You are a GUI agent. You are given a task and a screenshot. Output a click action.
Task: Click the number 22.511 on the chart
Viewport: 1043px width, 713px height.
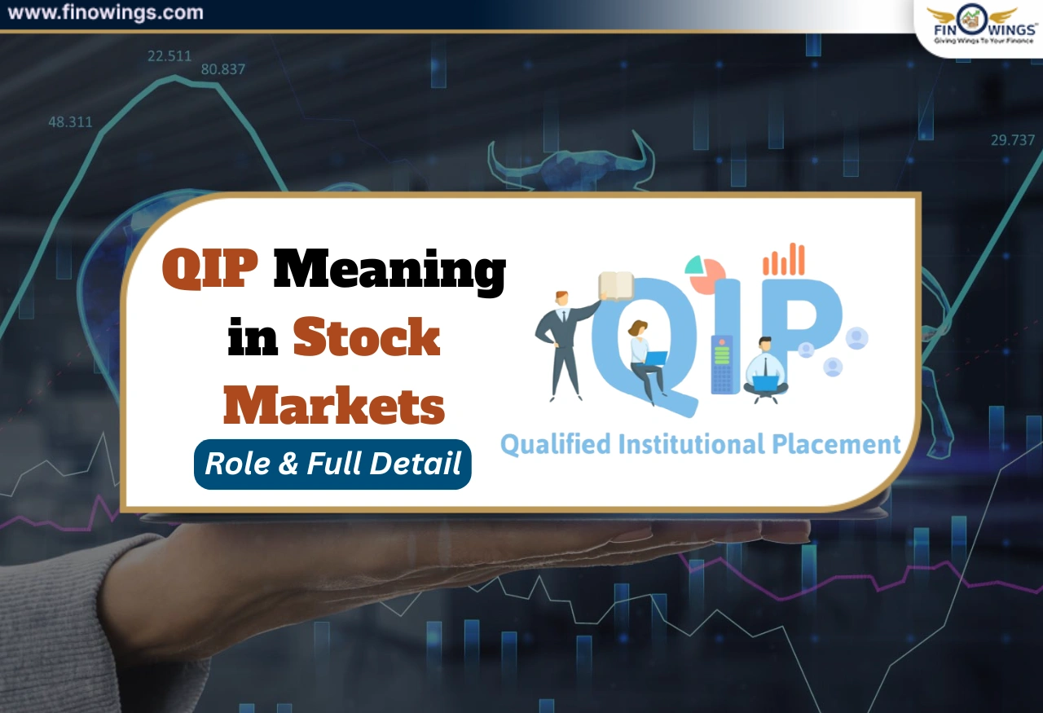click(x=169, y=56)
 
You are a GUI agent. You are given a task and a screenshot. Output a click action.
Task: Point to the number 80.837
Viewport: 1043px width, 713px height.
click(x=223, y=69)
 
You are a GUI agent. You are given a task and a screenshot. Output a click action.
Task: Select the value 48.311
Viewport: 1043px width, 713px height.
click(x=70, y=122)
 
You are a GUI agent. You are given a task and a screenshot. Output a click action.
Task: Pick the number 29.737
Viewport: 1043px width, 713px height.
click(x=1013, y=140)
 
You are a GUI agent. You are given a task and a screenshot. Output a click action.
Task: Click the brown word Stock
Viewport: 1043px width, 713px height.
click(x=367, y=338)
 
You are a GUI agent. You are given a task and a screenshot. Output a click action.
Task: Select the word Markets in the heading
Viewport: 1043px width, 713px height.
click(x=334, y=405)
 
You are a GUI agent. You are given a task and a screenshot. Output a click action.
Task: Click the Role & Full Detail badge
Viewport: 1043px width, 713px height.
click(x=332, y=464)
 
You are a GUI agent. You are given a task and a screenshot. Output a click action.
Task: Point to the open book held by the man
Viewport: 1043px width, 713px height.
click(x=615, y=285)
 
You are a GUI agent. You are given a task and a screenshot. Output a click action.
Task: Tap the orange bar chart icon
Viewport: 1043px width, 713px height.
click(x=784, y=259)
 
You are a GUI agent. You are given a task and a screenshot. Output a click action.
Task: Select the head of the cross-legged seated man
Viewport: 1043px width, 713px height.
click(x=764, y=344)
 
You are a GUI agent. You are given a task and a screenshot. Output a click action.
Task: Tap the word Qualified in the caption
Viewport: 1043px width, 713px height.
click(x=555, y=446)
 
